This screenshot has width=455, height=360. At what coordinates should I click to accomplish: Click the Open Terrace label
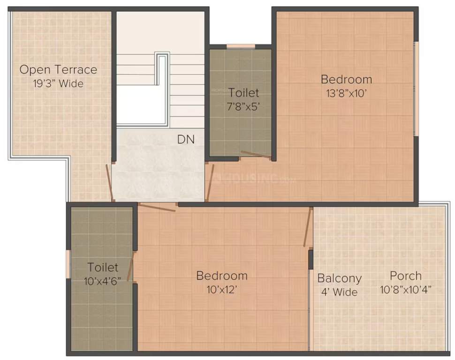[58, 70]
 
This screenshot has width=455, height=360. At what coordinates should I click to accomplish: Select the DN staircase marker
[186, 139]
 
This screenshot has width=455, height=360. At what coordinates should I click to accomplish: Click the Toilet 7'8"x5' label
[243, 92]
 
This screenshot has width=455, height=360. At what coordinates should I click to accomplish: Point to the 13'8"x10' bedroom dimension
[346, 93]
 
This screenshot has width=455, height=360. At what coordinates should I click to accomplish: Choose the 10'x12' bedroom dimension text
[222, 289]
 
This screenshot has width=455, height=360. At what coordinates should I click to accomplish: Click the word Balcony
[340, 278]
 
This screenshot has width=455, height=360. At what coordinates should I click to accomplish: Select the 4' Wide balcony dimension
[339, 292]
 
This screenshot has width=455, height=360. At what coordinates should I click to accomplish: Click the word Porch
[406, 276]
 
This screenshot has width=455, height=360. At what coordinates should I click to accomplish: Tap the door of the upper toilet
[255, 154]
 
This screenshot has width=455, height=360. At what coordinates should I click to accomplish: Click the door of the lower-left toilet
[131, 266]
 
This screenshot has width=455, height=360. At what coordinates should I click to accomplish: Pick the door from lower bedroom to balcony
[308, 228]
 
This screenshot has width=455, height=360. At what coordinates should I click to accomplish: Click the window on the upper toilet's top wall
[241, 46]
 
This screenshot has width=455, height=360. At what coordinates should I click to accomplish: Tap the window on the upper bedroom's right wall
[415, 89]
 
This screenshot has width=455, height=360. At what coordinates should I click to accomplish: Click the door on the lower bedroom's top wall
[157, 207]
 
